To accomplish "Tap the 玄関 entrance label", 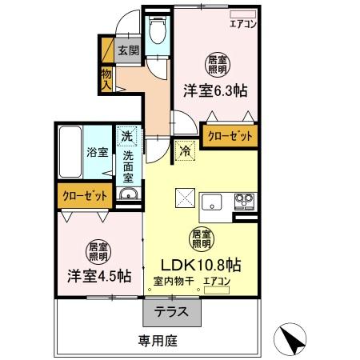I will click(x=129, y=50).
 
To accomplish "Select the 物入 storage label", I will click(x=106, y=78).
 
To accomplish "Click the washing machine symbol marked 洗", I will click(x=126, y=136).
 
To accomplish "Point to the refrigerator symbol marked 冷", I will click(x=185, y=148).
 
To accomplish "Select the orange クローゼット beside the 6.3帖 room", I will click(x=230, y=136).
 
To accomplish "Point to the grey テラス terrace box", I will click(x=172, y=311).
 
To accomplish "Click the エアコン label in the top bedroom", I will click(x=243, y=23).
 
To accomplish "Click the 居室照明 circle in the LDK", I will click(x=200, y=237).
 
